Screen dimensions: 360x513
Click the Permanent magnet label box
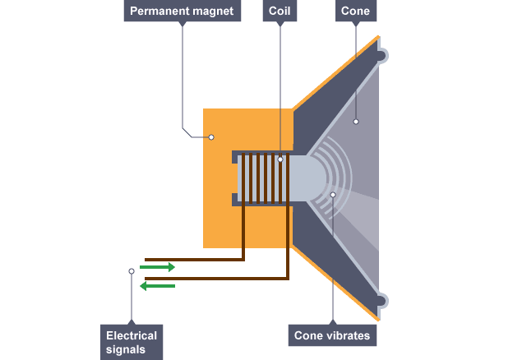pyautogui.click(x=181, y=12)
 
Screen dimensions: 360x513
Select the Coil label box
pyautogui.click(x=280, y=12)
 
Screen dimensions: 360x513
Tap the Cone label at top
pyautogui.click(x=355, y=12)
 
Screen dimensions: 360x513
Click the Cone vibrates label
pyautogui.click(x=333, y=335)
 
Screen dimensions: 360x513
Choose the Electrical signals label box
pyautogui.click(x=131, y=342)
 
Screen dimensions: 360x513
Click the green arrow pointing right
pyautogui.click(x=157, y=267)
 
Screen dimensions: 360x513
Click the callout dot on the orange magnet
pyautogui.click(x=211, y=136)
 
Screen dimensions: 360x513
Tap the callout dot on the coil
pyautogui.click(x=280, y=159)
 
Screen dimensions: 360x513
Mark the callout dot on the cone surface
pyautogui.click(x=356, y=122)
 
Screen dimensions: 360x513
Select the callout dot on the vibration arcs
pyautogui.click(x=333, y=195)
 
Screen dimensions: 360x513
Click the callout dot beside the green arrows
pyautogui.click(x=131, y=270)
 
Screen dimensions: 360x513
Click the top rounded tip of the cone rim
pyautogui.click(x=384, y=55)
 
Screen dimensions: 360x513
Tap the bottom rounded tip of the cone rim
pyautogui.click(x=384, y=301)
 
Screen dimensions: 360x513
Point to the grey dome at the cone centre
pyautogui.click(x=308, y=178)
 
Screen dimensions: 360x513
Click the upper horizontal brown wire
pyautogui.click(x=194, y=259)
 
